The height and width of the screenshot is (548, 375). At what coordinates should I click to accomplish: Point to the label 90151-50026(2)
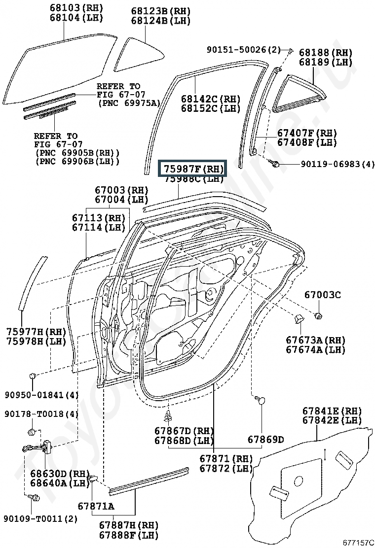click(x=243, y=50)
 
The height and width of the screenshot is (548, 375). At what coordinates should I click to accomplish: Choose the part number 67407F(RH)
click(x=306, y=133)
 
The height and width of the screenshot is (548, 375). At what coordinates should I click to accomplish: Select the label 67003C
click(x=322, y=295)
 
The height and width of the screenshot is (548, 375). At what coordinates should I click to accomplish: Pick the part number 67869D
click(x=265, y=440)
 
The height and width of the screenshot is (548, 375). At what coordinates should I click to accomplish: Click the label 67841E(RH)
click(x=332, y=411)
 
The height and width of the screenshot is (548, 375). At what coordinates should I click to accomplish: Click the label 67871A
click(x=96, y=506)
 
